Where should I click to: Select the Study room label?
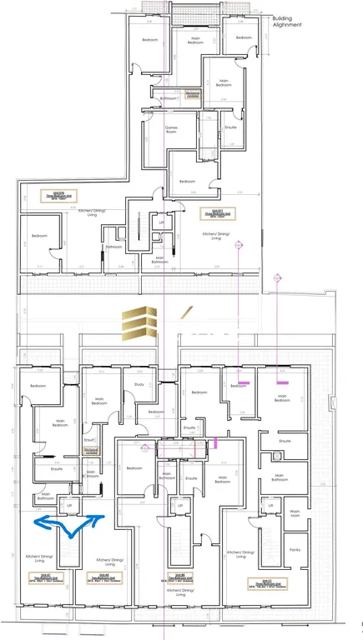pyautogui.click(x=139, y=384)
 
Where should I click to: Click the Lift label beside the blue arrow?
pyautogui.click(x=70, y=505)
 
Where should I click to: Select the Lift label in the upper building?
pyautogui.click(x=162, y=223)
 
